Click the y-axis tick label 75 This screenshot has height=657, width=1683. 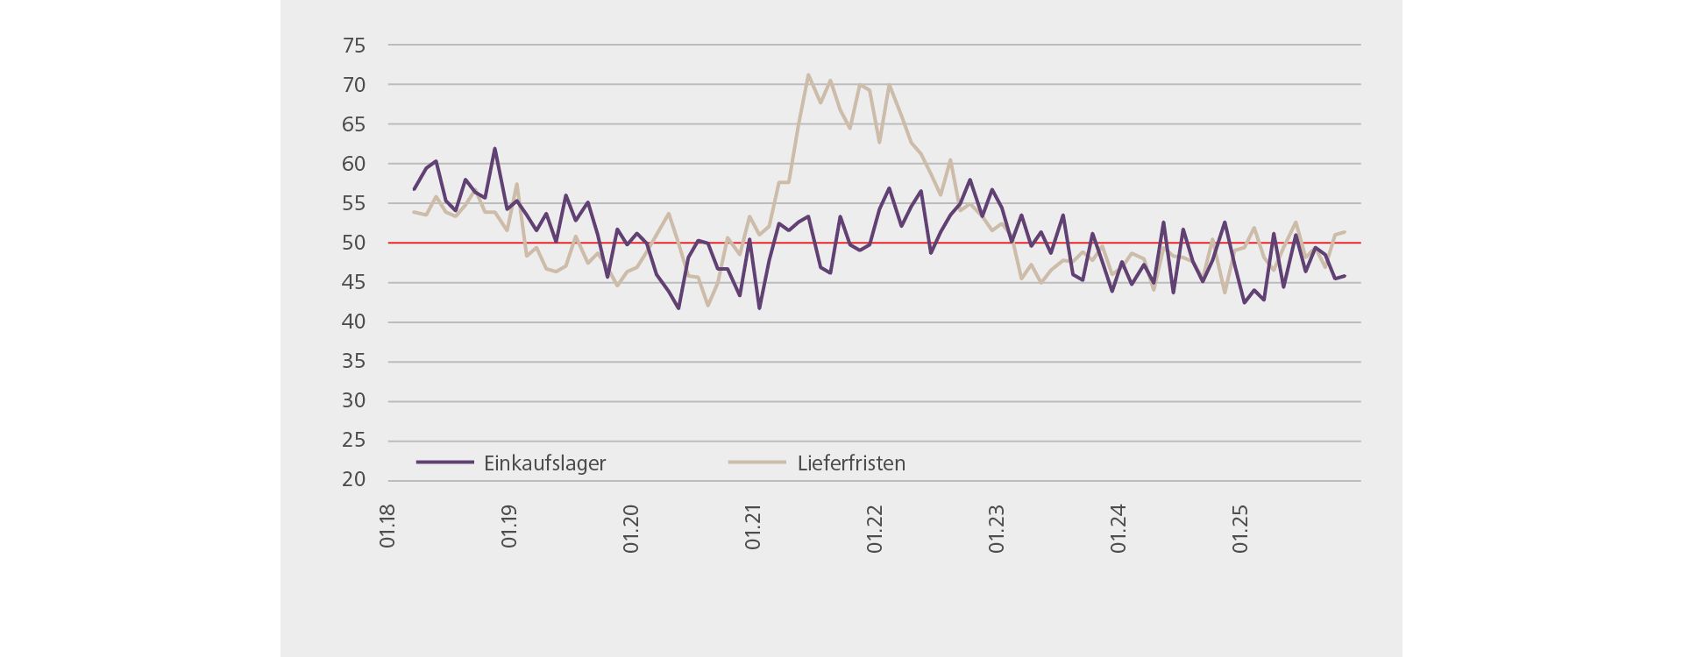354,46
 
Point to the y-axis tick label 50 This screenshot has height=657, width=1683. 354,243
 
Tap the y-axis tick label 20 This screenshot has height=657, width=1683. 354,480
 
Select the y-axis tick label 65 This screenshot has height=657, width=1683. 354,124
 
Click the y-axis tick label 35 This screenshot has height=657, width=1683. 354,362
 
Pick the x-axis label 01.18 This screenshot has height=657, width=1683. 387,526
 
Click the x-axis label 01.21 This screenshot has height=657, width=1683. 753,526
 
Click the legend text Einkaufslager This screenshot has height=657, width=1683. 544,463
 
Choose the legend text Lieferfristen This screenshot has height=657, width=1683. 851,463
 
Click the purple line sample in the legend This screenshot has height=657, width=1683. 444,462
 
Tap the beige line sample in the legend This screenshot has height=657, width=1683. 757,462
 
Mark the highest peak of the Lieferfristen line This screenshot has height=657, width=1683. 807,75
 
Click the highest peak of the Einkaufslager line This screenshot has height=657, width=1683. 494,148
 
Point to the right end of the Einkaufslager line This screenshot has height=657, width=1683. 1345,276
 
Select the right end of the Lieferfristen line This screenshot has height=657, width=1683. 1345,232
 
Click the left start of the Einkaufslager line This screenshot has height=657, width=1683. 414,189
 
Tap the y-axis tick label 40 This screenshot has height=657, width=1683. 354,322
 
